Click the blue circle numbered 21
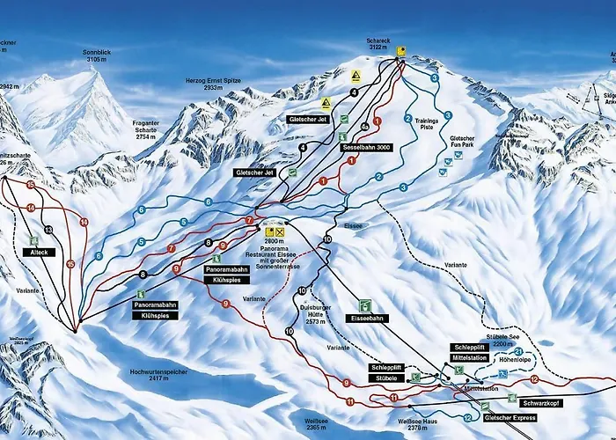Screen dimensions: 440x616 531,352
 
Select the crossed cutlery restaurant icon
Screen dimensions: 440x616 281,231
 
